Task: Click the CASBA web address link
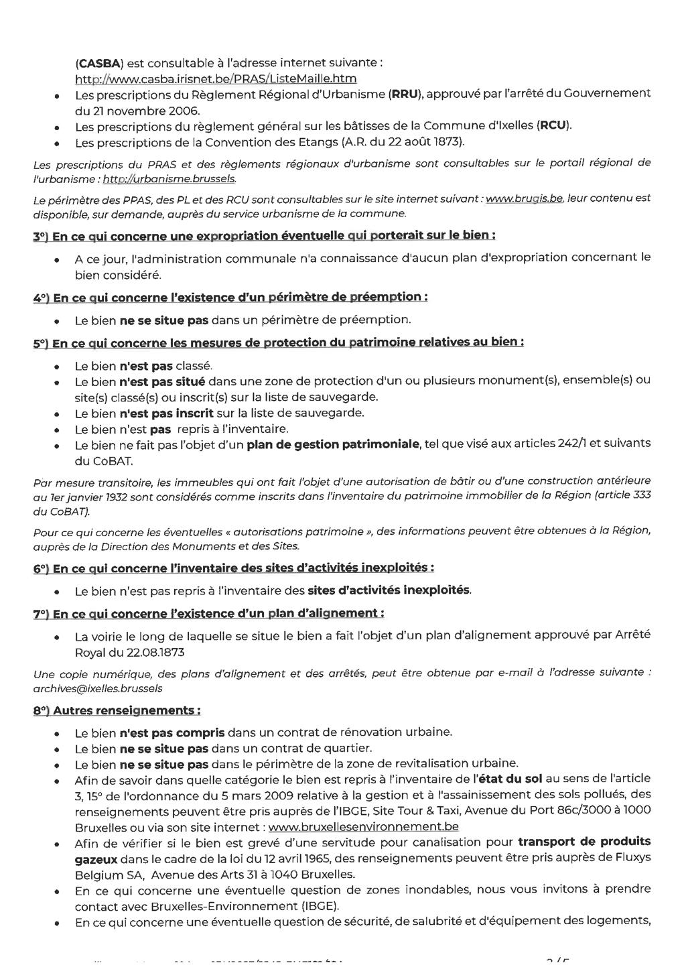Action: coord(215,79)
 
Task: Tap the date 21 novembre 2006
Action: coord(138,111)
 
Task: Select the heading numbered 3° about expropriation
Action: coord(265,236)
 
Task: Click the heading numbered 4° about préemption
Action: coord(230,297)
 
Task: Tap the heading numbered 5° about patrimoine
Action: coord(278,342)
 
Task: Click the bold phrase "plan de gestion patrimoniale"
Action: coord(333,444)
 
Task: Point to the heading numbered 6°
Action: coord(233,568)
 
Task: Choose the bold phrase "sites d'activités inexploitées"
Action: coord(389,590)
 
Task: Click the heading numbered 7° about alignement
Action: coord(208,614)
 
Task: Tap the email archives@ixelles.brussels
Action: coord(98,688)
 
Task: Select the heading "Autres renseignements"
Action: coord(117,710)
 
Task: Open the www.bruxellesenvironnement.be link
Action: coord(362,827)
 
